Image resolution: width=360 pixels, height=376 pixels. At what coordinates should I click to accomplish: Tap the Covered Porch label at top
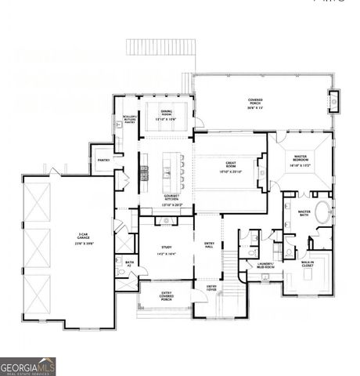point(255,103)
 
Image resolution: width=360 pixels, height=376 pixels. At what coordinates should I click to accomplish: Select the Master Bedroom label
point(300,161)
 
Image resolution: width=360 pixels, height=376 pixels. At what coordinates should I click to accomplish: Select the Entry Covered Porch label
point(166,295)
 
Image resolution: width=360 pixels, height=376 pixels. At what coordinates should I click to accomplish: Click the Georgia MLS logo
point(28,366)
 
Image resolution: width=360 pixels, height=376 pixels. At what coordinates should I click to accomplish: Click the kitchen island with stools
point(166,167)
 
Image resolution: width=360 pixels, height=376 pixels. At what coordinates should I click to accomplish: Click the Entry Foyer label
point(211,287)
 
